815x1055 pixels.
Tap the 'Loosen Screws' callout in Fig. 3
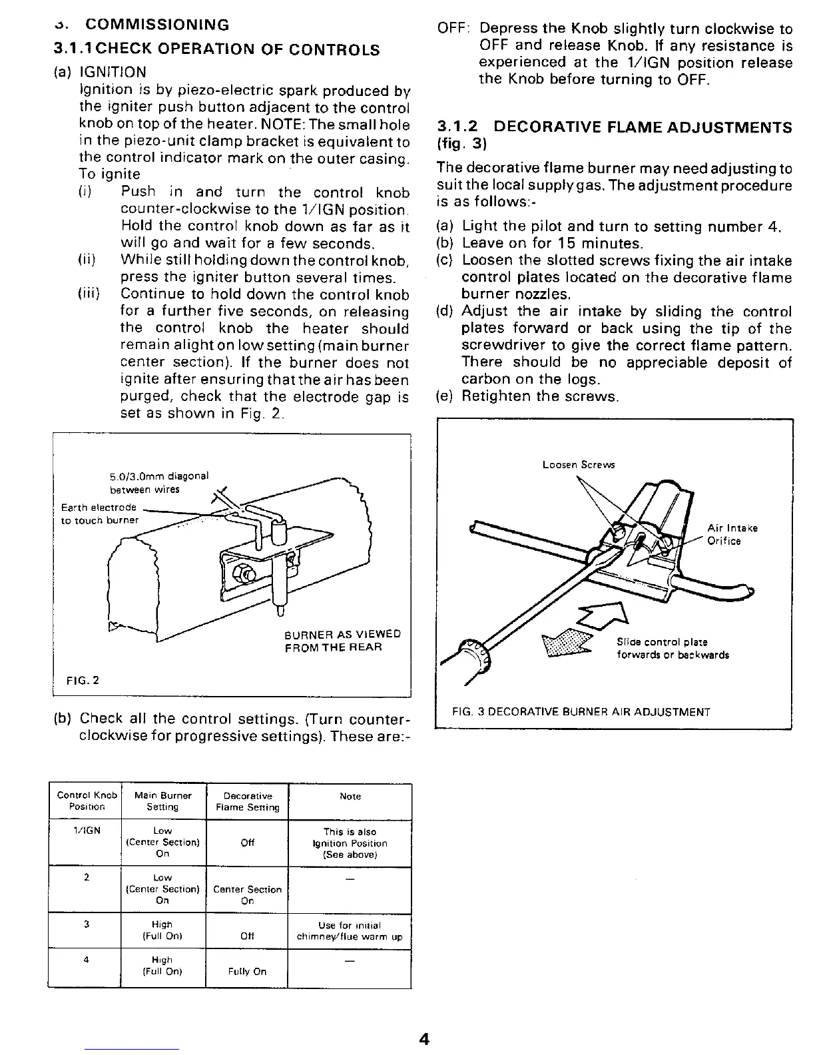[x=579, y=465]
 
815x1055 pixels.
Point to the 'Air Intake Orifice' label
[x=732, y=534]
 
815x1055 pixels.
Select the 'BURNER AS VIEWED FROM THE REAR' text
[x=342, y=640]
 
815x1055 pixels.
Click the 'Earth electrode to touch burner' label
[x=99, y=514]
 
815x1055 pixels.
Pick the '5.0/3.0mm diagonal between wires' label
[x=158, y=483]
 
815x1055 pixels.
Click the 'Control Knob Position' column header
[x=87, y=801]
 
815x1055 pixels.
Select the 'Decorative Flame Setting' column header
[x=248, y=801]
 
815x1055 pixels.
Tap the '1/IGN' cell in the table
[x=87, y=831]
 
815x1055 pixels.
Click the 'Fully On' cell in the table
[x=247, y=971]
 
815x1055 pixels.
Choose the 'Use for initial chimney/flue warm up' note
[x=350, y=930]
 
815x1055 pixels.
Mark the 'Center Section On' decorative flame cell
[x=247, y=894]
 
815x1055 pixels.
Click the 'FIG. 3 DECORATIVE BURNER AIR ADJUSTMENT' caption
[x=581, y=711]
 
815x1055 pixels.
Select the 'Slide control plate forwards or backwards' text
[x=673, y=648]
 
